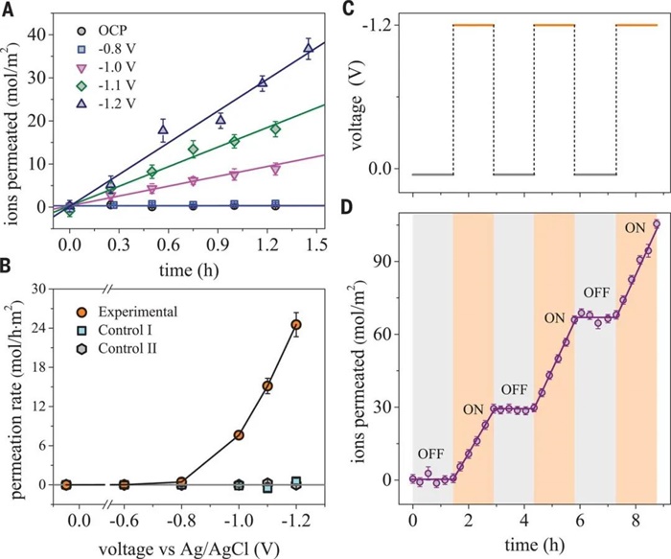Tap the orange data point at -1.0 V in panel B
[238, 435]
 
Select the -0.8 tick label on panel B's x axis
[180, 521]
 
